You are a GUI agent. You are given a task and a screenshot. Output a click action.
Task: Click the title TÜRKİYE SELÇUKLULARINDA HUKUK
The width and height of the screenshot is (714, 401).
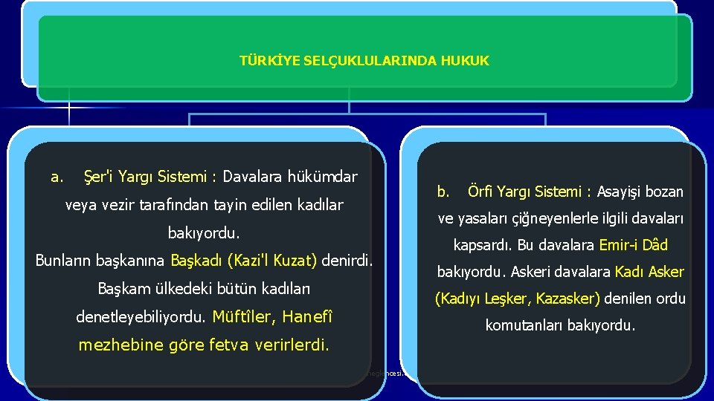(364, 61)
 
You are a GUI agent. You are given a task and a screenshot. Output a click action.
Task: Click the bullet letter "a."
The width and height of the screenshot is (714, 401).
(56, 177)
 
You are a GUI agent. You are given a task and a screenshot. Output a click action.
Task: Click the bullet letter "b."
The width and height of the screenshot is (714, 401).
(443, 192)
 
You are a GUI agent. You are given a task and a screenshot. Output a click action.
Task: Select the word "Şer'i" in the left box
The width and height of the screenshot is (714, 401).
(97, 177)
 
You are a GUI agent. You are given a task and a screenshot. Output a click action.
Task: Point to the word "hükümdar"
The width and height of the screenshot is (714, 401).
(321, 177)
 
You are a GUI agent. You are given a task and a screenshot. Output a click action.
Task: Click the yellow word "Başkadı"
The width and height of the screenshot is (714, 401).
(197, 261)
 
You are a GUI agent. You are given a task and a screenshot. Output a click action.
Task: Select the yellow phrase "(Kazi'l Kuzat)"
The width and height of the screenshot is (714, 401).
(272, 261)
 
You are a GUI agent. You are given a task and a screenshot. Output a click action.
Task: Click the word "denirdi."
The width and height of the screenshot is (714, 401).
(347, 261)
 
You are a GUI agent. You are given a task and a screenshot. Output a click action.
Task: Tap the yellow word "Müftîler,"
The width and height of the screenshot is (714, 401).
(244, 317)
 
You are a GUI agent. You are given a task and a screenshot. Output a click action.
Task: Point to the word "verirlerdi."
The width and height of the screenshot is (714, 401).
(292, 345)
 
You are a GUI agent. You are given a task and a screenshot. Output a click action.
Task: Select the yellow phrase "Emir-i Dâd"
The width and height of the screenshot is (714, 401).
(634, 245)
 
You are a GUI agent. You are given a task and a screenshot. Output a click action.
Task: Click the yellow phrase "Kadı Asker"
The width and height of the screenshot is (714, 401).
(649, 272)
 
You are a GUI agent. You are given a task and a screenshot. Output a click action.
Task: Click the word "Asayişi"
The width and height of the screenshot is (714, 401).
(620, 192)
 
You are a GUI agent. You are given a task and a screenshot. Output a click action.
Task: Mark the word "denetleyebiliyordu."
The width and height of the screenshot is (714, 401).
(141, 317)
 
